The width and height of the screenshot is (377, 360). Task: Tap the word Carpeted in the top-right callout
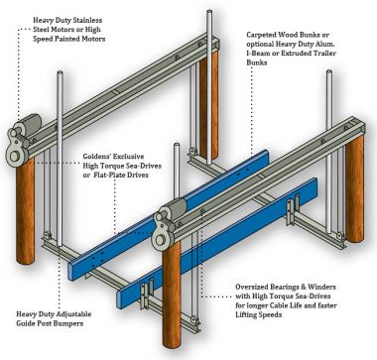tap(269, 32)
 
